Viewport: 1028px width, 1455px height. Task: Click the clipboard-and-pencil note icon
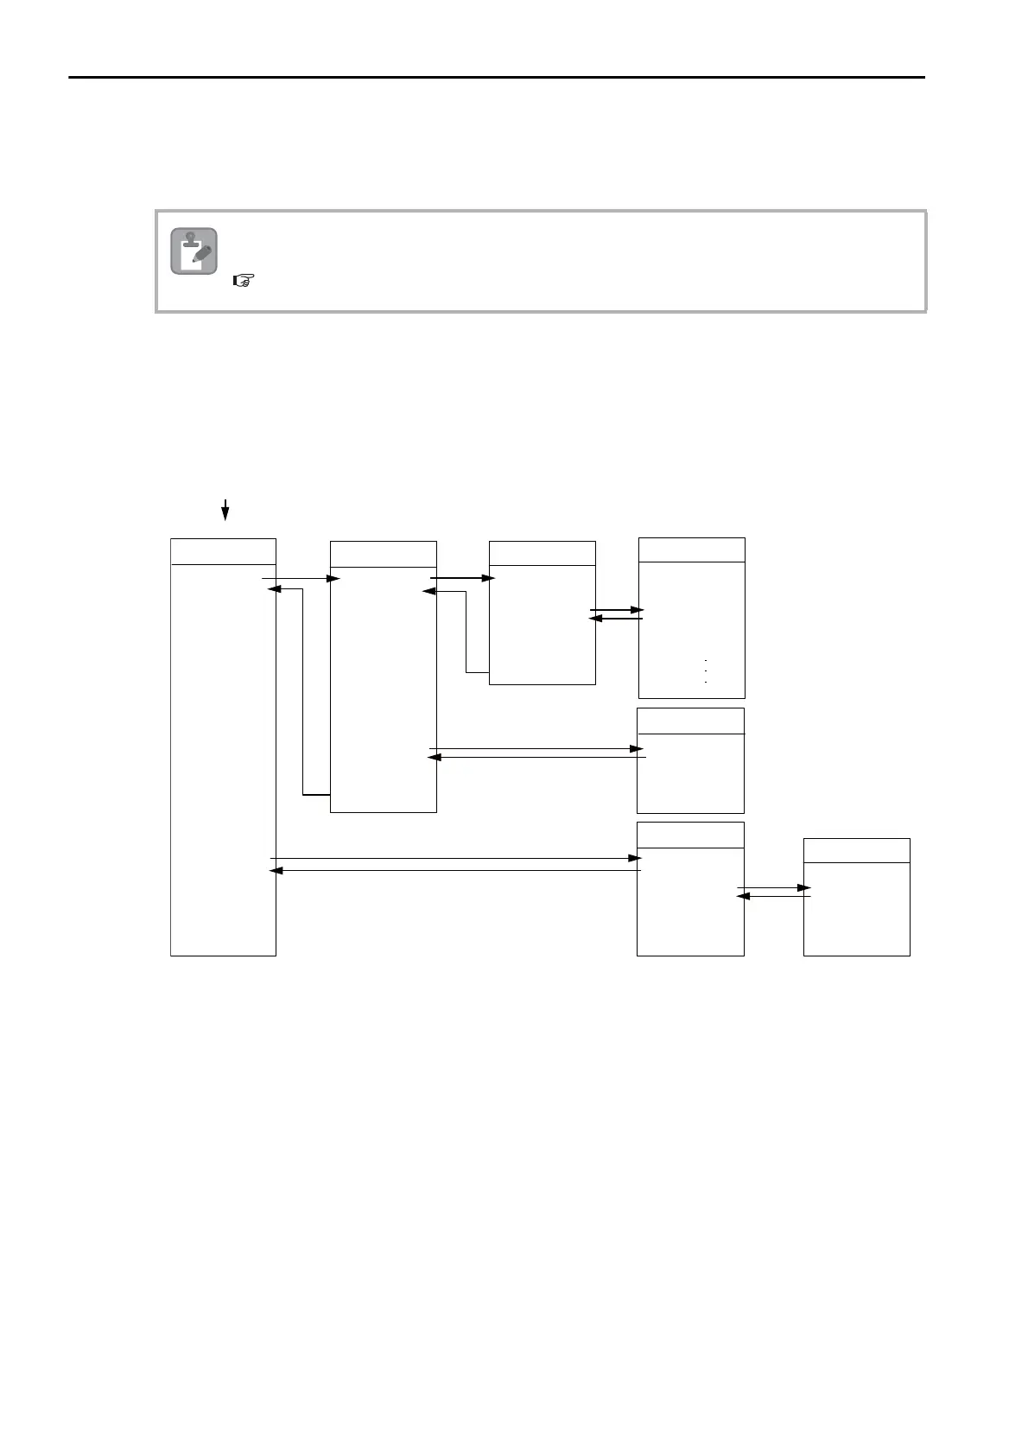(194, 251)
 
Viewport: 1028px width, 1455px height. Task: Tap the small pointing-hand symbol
(244, 281)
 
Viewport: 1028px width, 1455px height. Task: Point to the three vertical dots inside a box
(706, 671)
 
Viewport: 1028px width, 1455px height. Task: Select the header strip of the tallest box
(223, 551)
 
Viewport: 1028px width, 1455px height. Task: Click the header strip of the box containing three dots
(691, 550)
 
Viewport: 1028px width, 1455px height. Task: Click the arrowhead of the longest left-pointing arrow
(276, 870)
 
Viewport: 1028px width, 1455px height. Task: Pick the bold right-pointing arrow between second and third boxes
(462, 578)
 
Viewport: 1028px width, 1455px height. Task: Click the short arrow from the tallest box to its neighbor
(301, 578)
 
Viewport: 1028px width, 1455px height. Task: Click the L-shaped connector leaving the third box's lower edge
(466, 631)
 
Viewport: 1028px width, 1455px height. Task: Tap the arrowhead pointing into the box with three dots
(638, 610)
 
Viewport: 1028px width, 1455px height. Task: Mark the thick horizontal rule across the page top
(497, 78)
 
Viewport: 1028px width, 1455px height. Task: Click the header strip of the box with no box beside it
(690, 721)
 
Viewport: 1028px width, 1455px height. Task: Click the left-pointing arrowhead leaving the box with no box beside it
(435, 757)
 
